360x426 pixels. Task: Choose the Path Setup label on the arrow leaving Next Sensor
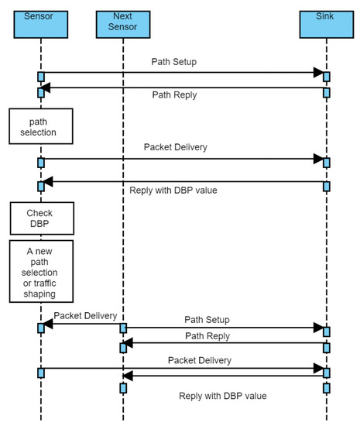pos(207,319)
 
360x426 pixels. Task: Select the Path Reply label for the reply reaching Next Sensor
pos(207,335)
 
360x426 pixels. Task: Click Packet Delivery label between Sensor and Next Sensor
pos(85,316)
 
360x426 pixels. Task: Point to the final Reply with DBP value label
pos(223,395)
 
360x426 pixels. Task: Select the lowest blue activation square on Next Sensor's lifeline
pos(122,387)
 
